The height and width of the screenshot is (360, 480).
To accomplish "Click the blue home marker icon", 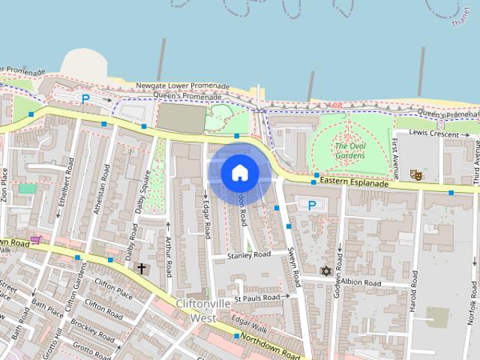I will pos(239,173).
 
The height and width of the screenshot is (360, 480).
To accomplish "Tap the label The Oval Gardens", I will pos(350,151).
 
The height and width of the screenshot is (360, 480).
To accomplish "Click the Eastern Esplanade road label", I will pos(354,182).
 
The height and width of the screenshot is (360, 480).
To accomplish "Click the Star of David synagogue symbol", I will pos(325,271).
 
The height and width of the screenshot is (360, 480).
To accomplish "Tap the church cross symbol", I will pos(141,268).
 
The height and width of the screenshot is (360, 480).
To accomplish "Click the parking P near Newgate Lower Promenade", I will pos(85,98).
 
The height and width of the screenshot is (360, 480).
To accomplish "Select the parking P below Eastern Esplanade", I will pos(312,205).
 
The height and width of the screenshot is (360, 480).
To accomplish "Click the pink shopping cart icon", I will pos(35,240).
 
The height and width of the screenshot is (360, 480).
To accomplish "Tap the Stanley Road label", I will pos(250,255).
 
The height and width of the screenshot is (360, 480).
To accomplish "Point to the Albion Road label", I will pos(361,283).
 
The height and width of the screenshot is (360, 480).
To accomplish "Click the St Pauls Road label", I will pos(256,298).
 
